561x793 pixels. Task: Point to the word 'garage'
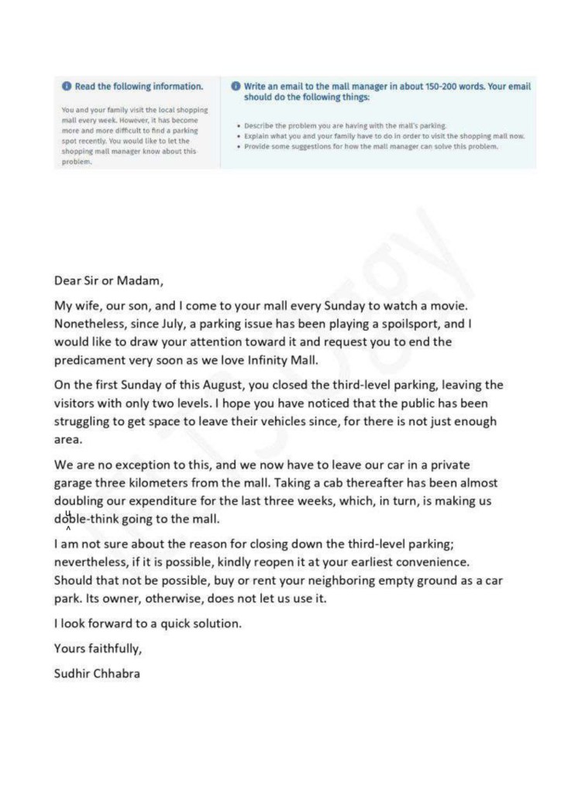[x=74, y=483]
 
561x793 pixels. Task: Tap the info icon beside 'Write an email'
[x=236, y=86]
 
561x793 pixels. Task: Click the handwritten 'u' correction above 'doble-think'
[x=68, y=513]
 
